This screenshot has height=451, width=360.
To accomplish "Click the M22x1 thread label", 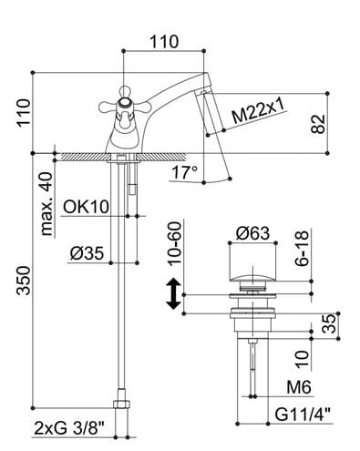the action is (x=258, y=111).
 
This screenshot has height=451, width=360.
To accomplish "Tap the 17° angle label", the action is (x=185, y=172).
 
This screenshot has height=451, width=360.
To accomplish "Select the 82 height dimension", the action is (x=318, y=124).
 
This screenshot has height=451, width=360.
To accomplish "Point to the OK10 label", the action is (x=86, y=207).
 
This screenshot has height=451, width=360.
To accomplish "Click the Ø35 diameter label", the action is (x=87, y=253).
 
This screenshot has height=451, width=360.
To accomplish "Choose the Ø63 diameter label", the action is (x=252, y=233).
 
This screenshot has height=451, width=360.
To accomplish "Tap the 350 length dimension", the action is (x=24, y=281).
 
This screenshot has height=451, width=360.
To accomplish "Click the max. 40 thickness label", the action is (x=46, y=204).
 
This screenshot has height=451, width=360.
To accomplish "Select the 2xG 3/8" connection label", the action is (x=69, y=428).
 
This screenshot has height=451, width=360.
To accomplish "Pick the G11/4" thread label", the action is (x=303, y=415).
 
